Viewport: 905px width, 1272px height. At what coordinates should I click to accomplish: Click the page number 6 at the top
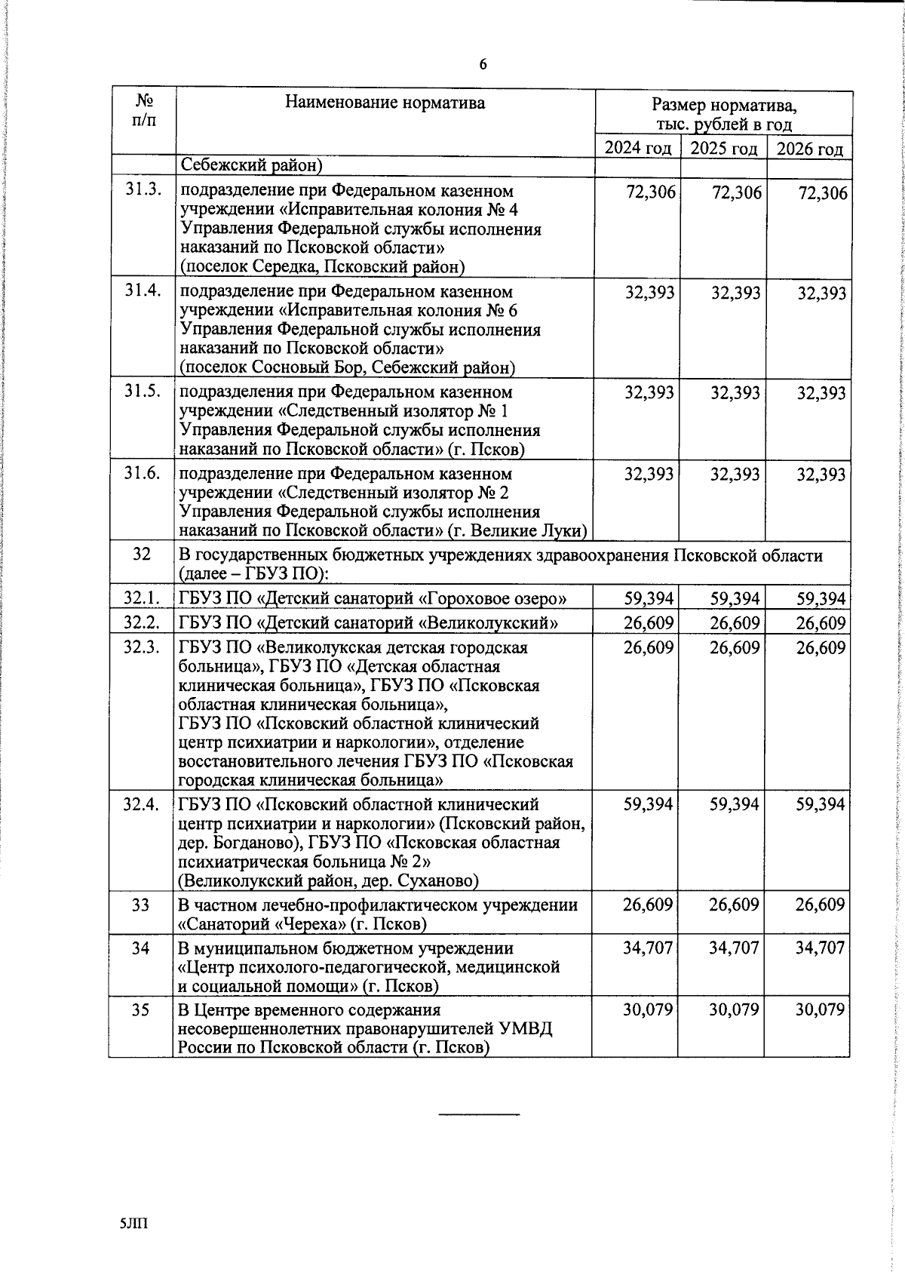click(x=483, y=65)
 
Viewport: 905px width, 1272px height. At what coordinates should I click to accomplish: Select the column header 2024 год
click(x=638, y=149)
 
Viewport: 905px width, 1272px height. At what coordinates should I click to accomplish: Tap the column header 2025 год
click(x=724, y=149)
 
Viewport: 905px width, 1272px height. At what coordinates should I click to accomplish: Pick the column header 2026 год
click(x=810, y=149)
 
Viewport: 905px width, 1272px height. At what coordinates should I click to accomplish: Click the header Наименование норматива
click(x=385, y=103)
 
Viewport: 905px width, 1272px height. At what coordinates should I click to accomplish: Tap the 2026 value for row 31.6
click(x=821, y=475)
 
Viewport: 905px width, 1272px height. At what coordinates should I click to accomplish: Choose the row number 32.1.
click(x=143, y=598)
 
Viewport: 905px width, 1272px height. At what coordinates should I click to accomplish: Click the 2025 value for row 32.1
click(x=735, y=599)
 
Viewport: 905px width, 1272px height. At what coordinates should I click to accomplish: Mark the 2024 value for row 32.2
click(x=649, y=623)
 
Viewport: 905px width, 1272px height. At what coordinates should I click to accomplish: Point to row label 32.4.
click(x=142, y=804)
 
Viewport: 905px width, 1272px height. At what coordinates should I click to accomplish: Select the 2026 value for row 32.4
click(x=821, y=805)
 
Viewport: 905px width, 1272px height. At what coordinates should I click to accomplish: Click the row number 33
click(x=141, y=905)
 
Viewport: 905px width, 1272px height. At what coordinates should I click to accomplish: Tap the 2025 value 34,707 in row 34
click(x=734, y=948)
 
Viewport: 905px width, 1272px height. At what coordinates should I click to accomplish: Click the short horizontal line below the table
click(x=480, y=1114)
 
